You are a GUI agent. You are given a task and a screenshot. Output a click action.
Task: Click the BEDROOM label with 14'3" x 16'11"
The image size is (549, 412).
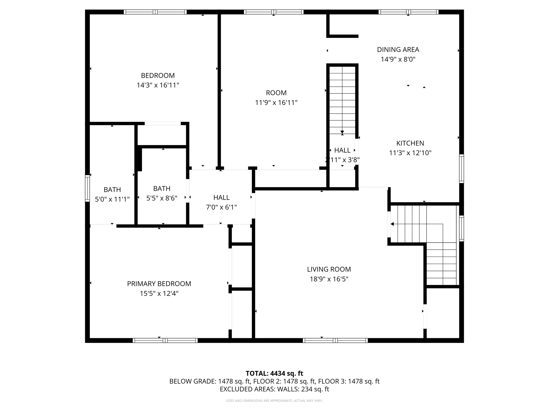tap(158, 75)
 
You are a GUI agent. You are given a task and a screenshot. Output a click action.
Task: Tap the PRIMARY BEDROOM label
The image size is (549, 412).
tap(159, 284)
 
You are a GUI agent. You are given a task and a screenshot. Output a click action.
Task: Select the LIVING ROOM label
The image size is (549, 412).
tap(329, 269)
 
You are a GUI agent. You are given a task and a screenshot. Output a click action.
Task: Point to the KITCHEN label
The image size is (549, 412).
tap(410, 143)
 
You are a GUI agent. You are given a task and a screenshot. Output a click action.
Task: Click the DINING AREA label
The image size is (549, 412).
tap(398, 49)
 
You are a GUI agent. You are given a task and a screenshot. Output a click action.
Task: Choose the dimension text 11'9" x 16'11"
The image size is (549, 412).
tap(276, 102)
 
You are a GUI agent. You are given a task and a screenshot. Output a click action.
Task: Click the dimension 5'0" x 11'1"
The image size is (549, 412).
tap(112, 199)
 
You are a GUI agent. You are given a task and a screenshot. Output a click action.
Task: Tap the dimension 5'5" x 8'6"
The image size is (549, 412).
tap(162, 198)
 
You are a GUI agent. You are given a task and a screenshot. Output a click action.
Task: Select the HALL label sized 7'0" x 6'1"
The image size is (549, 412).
tap(221, 197)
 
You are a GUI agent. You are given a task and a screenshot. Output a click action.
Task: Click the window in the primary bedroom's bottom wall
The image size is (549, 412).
tap(165, 340)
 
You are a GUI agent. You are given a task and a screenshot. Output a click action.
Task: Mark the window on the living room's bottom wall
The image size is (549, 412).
tap(335, 340)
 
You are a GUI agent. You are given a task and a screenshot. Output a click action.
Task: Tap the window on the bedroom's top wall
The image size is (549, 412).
tap(155, 12)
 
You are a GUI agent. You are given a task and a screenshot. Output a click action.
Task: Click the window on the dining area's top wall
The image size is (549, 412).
tap(408, 12)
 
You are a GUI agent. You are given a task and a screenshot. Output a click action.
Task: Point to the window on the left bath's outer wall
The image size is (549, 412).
tap(87, 188)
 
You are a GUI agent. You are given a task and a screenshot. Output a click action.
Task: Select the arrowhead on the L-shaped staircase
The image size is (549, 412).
tap(392, 224)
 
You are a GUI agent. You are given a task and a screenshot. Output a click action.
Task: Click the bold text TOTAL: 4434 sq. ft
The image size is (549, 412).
tap(274, 373)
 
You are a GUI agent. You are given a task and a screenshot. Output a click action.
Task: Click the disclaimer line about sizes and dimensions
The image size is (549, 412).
tap(274, 401)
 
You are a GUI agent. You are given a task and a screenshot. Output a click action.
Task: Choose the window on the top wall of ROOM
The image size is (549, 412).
tap(273, 12)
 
